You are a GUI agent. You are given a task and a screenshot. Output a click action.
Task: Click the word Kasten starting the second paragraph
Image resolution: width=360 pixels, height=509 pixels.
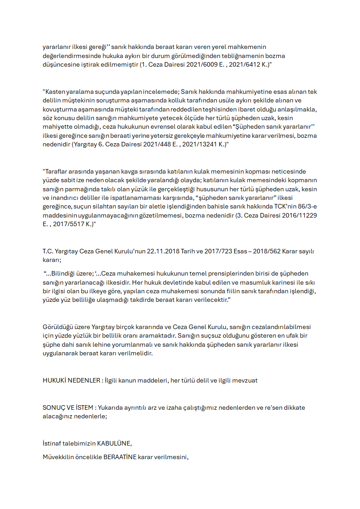[x=54, y=92]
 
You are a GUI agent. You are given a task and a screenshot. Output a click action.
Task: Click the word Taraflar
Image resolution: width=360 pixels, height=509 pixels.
[x=56, y=171]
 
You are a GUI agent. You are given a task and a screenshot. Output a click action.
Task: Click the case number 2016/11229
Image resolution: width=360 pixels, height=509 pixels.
[x=300, y=216]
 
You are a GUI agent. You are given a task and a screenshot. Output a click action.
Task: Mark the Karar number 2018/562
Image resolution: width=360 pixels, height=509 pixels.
[x=265, y=252]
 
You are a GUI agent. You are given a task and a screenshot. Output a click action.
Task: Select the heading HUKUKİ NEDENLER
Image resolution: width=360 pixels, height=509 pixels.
[x=71, y=380]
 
